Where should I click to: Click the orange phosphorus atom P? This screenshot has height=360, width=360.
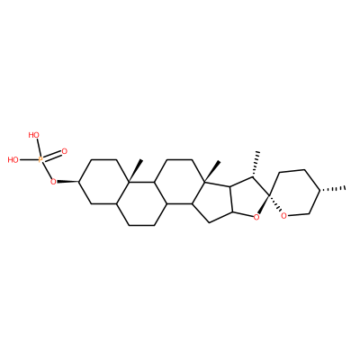pyautogui.click(x=41, y=160)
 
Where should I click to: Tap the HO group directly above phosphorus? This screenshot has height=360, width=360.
pyautogui.click(x=34, y=135)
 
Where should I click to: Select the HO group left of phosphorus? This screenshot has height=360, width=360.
pyautogui.click(x=13, y=160)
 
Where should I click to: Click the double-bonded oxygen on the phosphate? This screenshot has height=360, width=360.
pyautogui.click(x=64, y=151)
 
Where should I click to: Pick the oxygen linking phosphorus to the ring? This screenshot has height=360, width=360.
pyautogui.click(x=53, y=182)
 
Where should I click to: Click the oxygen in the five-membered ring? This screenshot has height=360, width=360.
pyautogui.click(x=256, y=217)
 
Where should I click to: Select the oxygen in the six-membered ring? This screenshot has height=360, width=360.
pyautogui.click(x=283, y=215)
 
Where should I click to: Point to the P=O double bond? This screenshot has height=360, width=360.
pyautogui.click(x=52, y=156)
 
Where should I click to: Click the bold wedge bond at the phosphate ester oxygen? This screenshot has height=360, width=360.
pyautogui.click(x=67, y=182)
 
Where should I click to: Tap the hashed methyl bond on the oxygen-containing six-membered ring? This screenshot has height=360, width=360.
pyautogui.click(x=333, y=189)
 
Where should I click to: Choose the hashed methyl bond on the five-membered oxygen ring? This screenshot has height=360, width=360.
pyautogui.click(x=255, y=165)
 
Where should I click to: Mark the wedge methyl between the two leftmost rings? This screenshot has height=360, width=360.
pyautogui.click(x=135, y=171)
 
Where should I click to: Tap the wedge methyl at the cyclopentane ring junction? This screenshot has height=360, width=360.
pyautogui.click(x=212, y=172)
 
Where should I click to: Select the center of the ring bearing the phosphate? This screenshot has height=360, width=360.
pyautogui.click(x=103, y=182)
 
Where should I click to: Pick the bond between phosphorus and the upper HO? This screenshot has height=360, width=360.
pyautogui.click(x=38, y=148)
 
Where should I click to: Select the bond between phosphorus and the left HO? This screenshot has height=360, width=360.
pyautogui.click(x=29, y=160)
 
